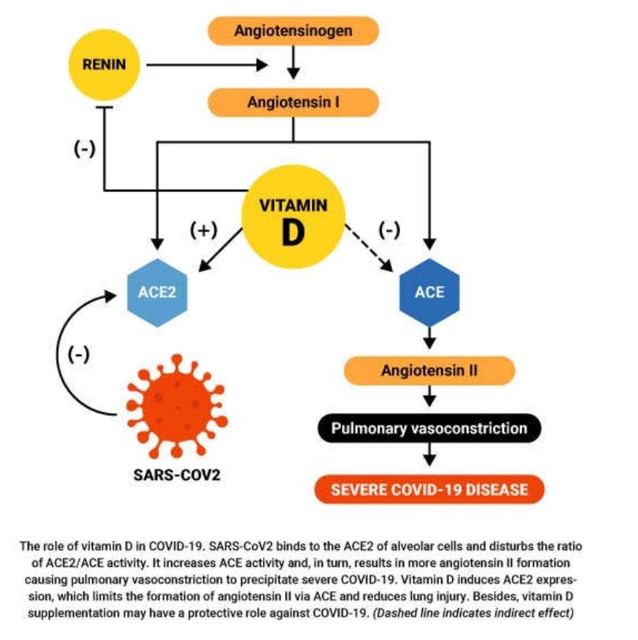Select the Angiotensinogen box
point(293,31)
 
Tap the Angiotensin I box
point(293,102)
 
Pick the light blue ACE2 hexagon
point(157,292)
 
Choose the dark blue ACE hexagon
point(429,292)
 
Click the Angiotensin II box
point(429,370)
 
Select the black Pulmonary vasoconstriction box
point(429,429)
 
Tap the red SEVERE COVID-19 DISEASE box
point(429,489)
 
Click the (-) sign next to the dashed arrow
point(389,229)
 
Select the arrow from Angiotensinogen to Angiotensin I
point(293,63)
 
